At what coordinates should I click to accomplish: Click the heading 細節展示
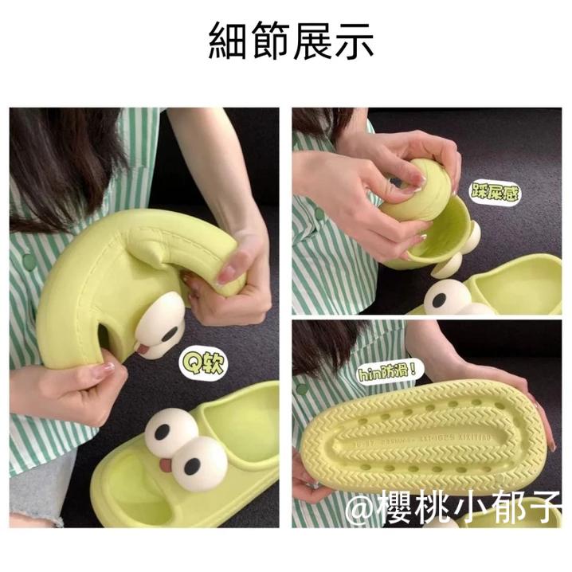click(x=291, y=40)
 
